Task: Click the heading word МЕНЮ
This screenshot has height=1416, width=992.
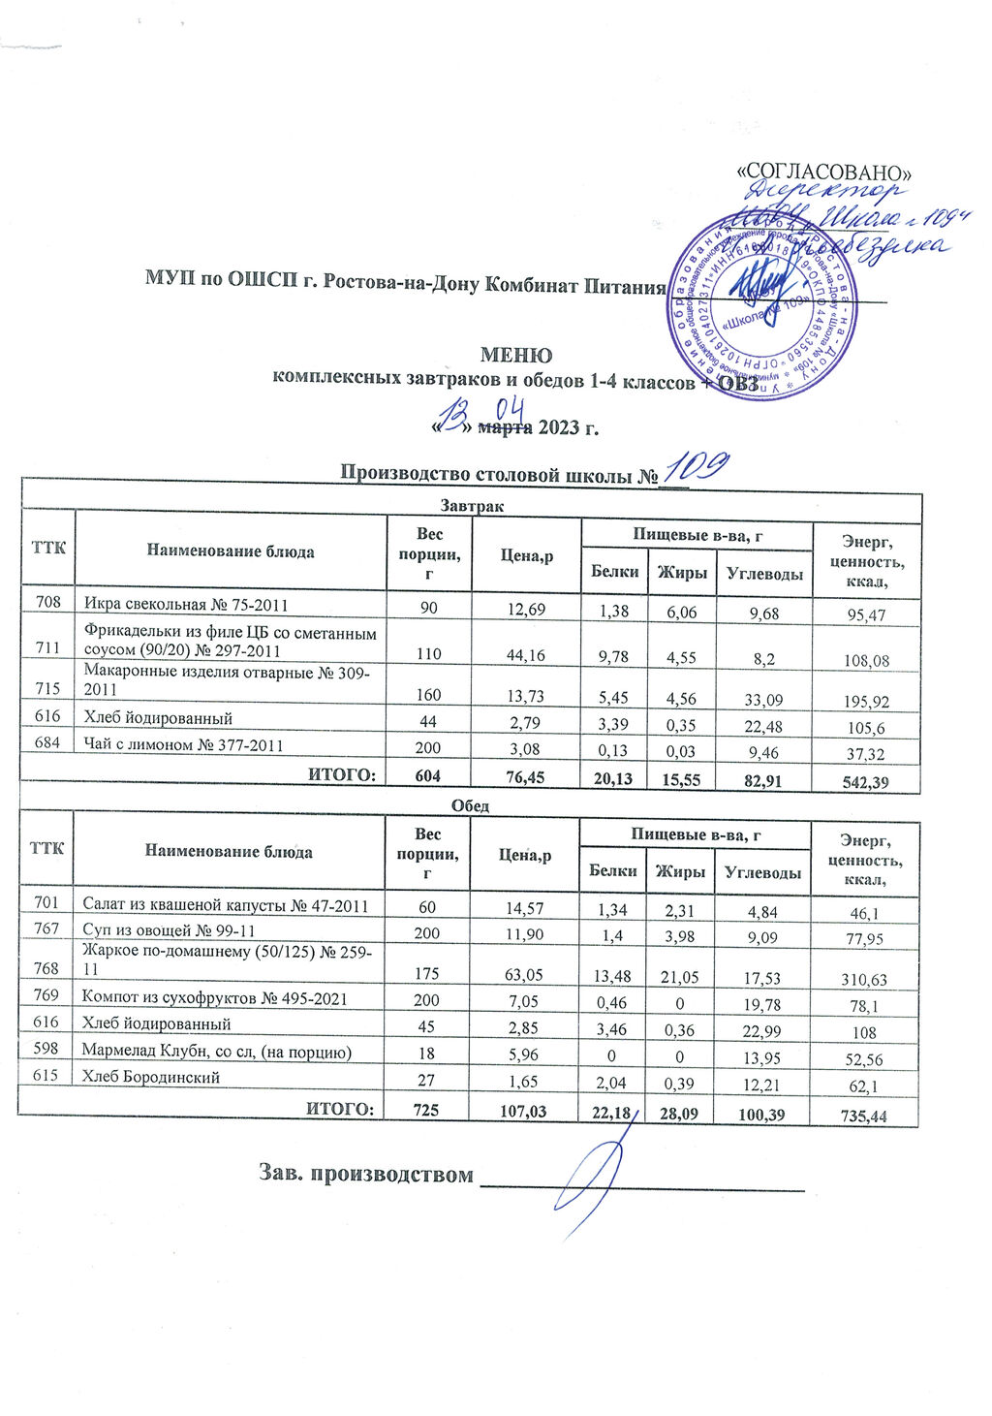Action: tap(516, 355)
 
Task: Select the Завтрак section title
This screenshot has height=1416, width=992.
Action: tap(472, 505)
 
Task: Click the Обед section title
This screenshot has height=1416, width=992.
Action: tap(470, 806)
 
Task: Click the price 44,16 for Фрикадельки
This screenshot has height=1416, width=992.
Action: tap(526, 656)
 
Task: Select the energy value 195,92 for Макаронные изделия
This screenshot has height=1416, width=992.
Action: tap(866, 702)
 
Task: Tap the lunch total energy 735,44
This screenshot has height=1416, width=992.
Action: tap(865, 1117)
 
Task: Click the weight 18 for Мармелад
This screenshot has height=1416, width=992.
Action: tap(426, 1052)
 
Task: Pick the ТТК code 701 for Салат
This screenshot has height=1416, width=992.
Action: tap(46, 903)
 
